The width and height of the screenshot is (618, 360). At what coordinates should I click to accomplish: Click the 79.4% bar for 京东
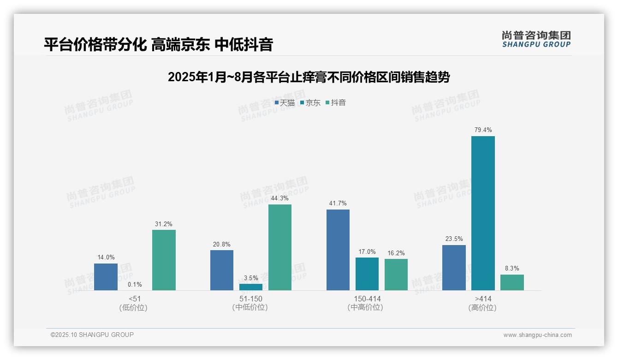pyautogui.click(x=483, y=213)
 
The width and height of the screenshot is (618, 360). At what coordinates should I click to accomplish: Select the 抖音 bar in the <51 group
pyautogui.click(x=164, y=260)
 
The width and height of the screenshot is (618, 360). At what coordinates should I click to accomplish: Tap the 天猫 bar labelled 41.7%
pyautogui.click(x=338, y=250)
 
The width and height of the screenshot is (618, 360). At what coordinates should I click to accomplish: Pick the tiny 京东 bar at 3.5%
pyautogui.click(x=250, y=287)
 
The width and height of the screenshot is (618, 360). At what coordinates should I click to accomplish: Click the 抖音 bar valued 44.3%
pyautogui.click(x=279, y=247)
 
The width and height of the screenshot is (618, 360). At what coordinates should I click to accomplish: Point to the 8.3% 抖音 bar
pyautogui.click(x=512, y=282)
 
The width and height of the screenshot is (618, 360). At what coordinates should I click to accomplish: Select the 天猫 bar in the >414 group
pyautogui.click(x=454, y=268)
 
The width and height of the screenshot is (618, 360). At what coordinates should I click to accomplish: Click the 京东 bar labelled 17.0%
pyautogui.click(x=367, y=274)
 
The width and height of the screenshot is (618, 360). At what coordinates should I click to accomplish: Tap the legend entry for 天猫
pyautogui.click(x=285, y=103)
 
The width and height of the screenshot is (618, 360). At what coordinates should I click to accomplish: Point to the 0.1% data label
pyautogui.click(x=135, y=285)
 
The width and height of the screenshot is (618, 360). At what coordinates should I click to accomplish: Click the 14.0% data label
pyautogui.click(x=106, y=258)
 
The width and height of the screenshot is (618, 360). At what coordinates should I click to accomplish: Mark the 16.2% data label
pyautogui.click(x=396, y=253)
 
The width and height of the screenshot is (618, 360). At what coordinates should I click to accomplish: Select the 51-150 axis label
pyautogui.click(x=250, y=299)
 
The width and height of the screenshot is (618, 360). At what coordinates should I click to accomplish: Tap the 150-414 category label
pyautogui.click(x=367, y=299)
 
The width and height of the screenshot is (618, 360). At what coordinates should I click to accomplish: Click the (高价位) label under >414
pyautogui.click(x=482, y=308)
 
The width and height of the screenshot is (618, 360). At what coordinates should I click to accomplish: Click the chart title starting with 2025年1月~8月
pyautogui.click(x=309, y=77)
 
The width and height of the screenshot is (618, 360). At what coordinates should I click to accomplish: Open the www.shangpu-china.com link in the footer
pyautogui.click(x=537, y=335)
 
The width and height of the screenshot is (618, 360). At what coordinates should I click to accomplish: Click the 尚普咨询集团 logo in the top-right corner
pyautogui.click(x=536, y=39)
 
